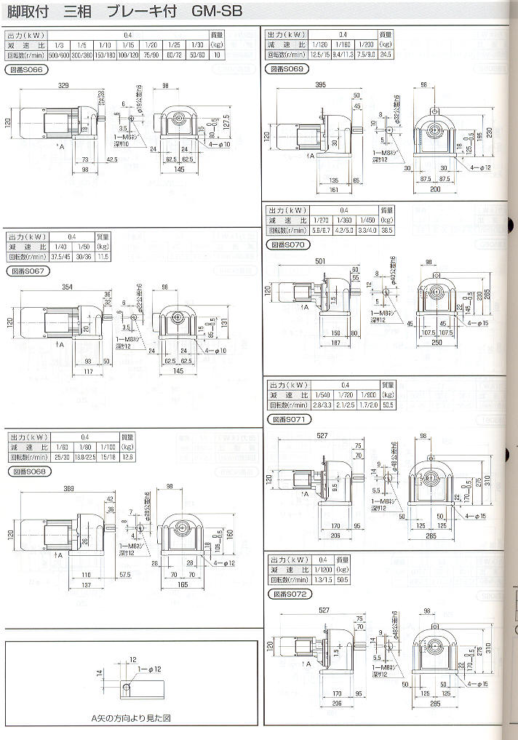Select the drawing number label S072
[290, 594]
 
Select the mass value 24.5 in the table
[386, 54]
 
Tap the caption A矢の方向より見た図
[131, 717]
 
